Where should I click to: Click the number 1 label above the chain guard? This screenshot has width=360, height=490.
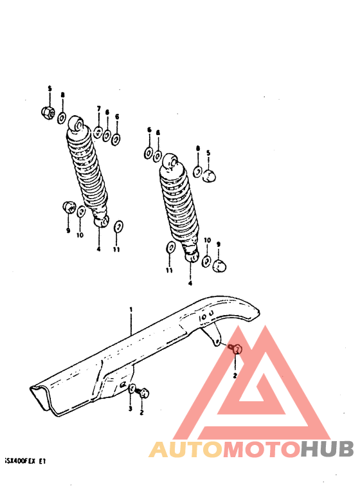tap(130, 310)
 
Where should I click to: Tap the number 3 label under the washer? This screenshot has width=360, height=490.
tap(130, 408)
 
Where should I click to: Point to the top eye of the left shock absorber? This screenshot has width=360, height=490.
tap(75, 122)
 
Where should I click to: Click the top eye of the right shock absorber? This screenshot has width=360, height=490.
tap(171, 161)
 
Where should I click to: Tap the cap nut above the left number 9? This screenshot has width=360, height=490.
tap(67, 207)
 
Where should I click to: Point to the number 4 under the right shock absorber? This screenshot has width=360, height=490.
tap(190, 282)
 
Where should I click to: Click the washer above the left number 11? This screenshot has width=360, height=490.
tap(118, 228)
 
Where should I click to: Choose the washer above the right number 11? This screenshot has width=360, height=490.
tap(170, 248)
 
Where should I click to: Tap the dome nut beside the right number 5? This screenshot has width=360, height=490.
tap(210, 174)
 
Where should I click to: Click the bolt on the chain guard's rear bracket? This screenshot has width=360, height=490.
tap(235, 349)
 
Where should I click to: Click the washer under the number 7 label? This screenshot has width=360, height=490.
tap(98, 132)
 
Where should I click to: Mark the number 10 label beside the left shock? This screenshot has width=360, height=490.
tap(80, 235)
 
